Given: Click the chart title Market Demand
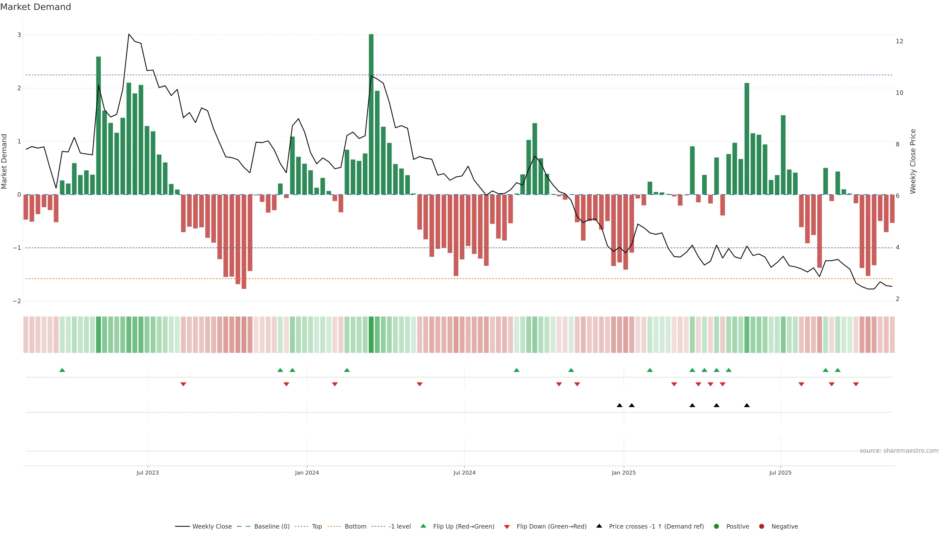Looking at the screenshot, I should [x=35, y=7].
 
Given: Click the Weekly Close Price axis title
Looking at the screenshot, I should [x=913, y=161].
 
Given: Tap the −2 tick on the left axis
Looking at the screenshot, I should [x=17, y=301].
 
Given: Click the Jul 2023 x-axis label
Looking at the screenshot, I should [x=147, y=473].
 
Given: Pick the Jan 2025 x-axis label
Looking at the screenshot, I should [x=624, y=473].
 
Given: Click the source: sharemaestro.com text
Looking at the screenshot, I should [x=899, y=451].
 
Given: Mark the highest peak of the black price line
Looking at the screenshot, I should [x=129, y=34].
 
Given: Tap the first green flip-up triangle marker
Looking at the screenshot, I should [x=62, y=370].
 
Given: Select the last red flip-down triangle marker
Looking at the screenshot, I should [x=856, y=384].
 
